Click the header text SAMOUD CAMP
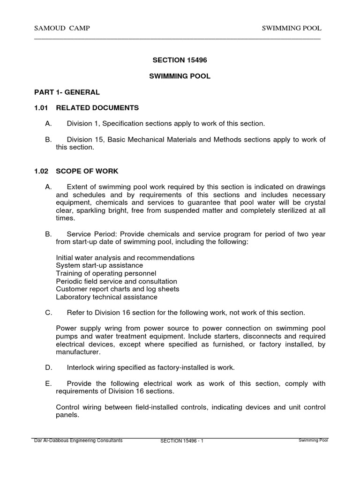(x=62, y=29)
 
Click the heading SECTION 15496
(x=180, y=60)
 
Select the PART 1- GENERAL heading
(x=67, y=92)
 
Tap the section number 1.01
(x=41, y=108)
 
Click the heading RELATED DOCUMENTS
(x=97, y=108)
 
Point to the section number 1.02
(x=41, y=171)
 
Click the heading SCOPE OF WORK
(x=88, y=171)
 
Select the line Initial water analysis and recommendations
(x=125, y=258)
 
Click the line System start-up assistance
(x=99, y=265)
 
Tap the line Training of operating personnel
(x=106, y=273)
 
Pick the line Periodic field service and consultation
(x=116, y=281)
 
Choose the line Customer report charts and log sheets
(x=118, y=289)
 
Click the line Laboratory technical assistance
(x=106, y=297)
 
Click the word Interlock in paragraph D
(x=81, y=368)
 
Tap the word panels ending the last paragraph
(x=67, y=415)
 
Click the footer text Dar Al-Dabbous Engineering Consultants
(x=78, y=441)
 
